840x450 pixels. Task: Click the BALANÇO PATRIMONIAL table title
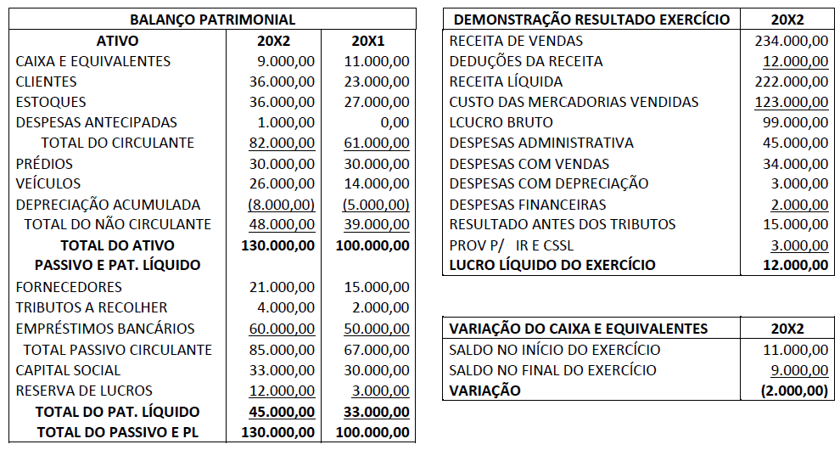point(212,20)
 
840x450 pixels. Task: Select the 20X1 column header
point(369,41)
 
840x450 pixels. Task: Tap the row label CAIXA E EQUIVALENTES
point(93,61)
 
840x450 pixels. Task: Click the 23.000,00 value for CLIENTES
point(378,82)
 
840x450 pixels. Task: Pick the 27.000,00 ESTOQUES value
point(378,102)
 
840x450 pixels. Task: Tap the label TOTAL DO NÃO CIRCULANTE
point(117,224)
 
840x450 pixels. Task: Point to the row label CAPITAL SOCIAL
point(69,370)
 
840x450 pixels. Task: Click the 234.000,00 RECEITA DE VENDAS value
point(792,41)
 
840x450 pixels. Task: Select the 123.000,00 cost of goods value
point(792,102)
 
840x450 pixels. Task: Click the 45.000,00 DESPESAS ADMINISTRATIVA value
point(797,143)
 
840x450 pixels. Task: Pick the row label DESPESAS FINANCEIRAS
point(528,205)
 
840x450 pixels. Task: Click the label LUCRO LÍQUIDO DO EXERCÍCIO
point(552,265)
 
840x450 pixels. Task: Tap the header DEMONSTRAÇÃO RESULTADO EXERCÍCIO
point(591,20)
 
